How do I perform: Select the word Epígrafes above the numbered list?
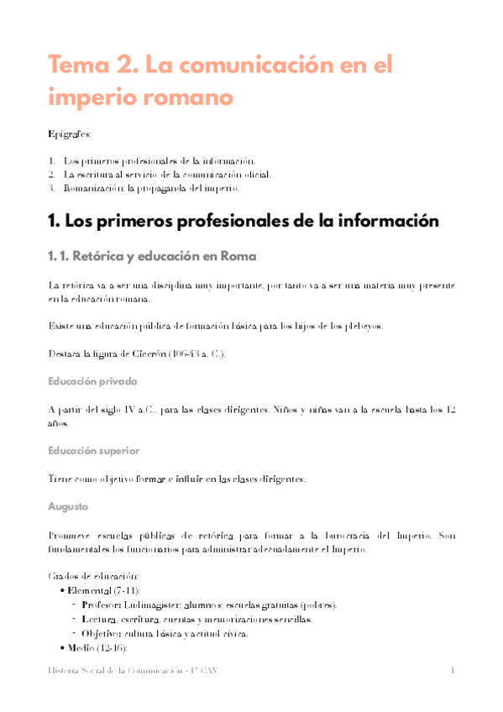70,134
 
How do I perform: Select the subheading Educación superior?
94,451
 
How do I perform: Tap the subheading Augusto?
67,507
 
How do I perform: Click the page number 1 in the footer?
453,670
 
